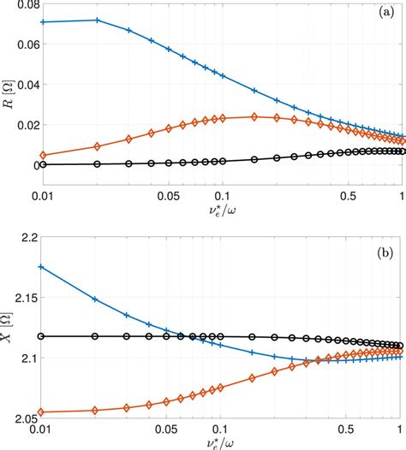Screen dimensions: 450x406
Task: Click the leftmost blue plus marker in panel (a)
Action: [x=42, y=22]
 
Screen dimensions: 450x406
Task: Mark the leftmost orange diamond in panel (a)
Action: [x=42, y=155]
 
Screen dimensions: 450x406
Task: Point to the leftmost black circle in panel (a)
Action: [x=42, y=164]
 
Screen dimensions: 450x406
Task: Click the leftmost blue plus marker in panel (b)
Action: [x=42, y=267]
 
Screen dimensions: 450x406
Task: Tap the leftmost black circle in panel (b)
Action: [x=42, y=336]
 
